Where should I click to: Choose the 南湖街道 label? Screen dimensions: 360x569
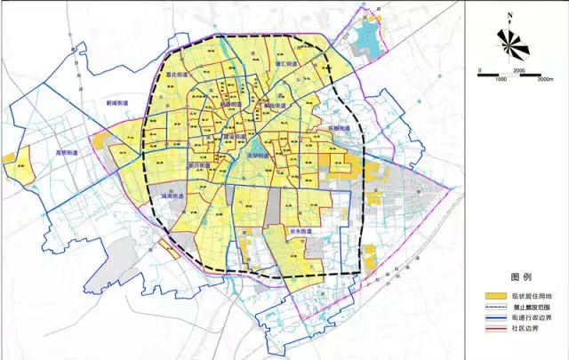pyautogui.click(x=257, y=154)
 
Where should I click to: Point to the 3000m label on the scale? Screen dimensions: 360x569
pyautogui.click(x=545, y=79)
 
